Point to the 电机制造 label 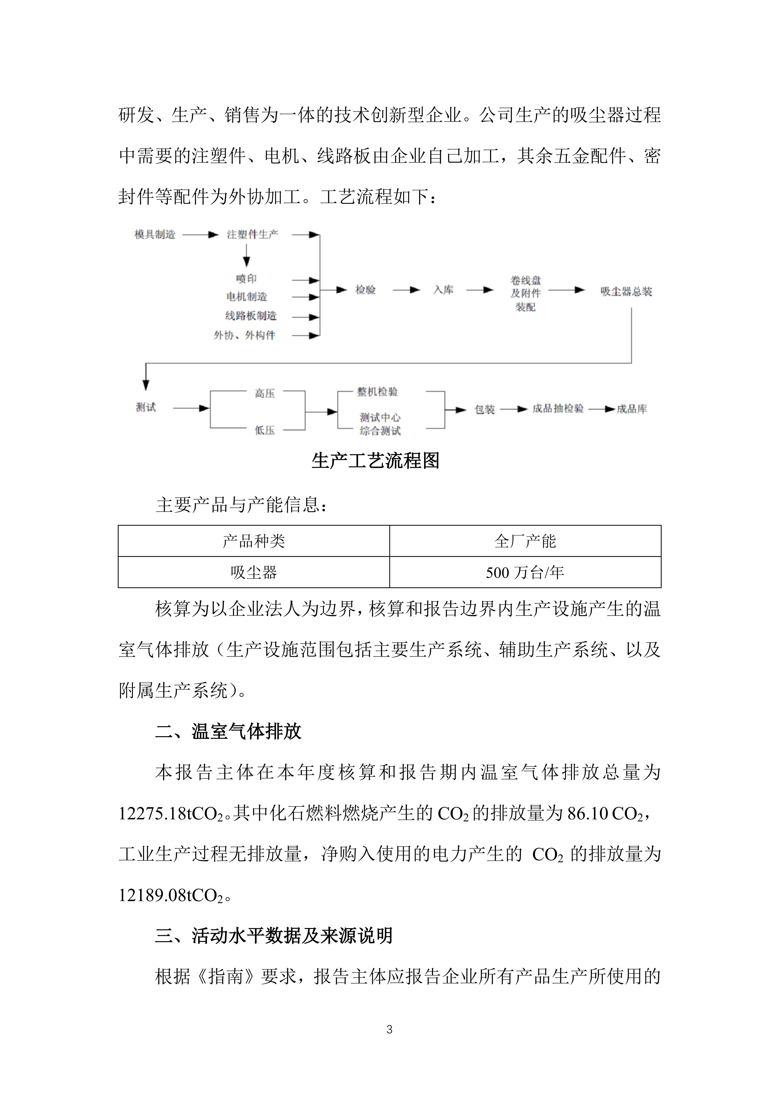coord(246,297)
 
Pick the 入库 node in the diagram coord(443,290)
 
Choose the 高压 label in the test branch coord(264,394)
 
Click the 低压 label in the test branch coord(264,430)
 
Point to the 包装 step coord(484,409)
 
